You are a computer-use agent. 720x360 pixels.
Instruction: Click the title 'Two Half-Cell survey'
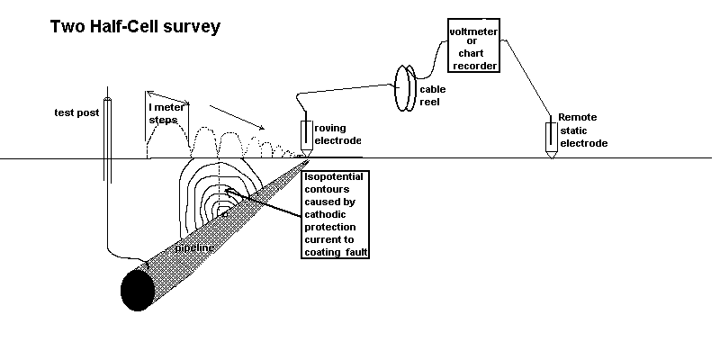coord(135,27)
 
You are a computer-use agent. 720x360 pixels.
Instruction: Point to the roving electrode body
coord(306,134)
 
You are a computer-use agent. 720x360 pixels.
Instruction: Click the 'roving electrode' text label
coord(337,134)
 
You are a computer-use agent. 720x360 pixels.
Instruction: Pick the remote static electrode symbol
coord(550,136)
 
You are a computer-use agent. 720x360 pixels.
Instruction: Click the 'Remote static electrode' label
coord(582,130)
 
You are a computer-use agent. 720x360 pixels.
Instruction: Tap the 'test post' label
coord(73,113)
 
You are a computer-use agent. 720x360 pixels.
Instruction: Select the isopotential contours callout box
coord(337,214)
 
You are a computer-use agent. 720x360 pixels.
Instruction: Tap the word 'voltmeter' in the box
coord(473,32)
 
